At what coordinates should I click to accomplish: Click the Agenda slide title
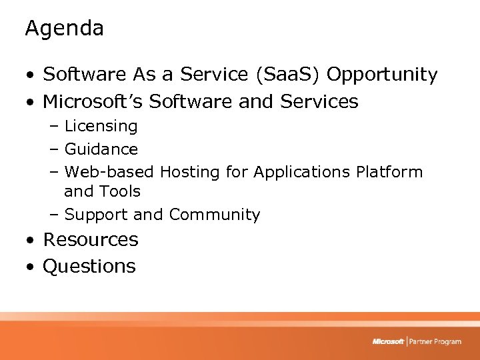tap(64, 29)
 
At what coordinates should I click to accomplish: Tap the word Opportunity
tap(382, 75)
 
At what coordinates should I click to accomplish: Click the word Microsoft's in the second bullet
tap(93, 102)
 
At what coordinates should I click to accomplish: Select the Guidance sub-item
tap(101, 149)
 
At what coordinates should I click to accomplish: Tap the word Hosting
tap(189, 172)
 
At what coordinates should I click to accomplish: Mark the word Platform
tap(389, 172)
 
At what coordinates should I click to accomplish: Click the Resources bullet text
tap(90, 239)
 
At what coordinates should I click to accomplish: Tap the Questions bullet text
tap(89, 266)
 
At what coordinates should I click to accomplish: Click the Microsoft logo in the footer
tap(388, 341)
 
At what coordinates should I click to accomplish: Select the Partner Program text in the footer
tap(435, 341)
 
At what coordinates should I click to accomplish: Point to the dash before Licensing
tap(55, 127)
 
